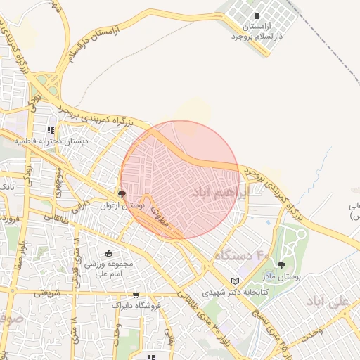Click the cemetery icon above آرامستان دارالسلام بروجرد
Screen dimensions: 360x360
(255, 15)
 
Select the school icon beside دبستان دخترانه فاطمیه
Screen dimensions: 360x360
(50, 130)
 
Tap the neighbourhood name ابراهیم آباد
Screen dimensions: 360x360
(220, 192)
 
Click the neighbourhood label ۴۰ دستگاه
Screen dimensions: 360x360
(242, 255)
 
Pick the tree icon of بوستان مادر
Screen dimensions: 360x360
(282, 265)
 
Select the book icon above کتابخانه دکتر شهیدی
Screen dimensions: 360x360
(235, 281)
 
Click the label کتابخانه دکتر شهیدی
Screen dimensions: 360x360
(233, 292)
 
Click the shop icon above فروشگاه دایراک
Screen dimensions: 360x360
(136, 295)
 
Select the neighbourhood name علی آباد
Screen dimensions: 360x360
(328, 301)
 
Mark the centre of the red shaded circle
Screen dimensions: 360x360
(181, 180)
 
